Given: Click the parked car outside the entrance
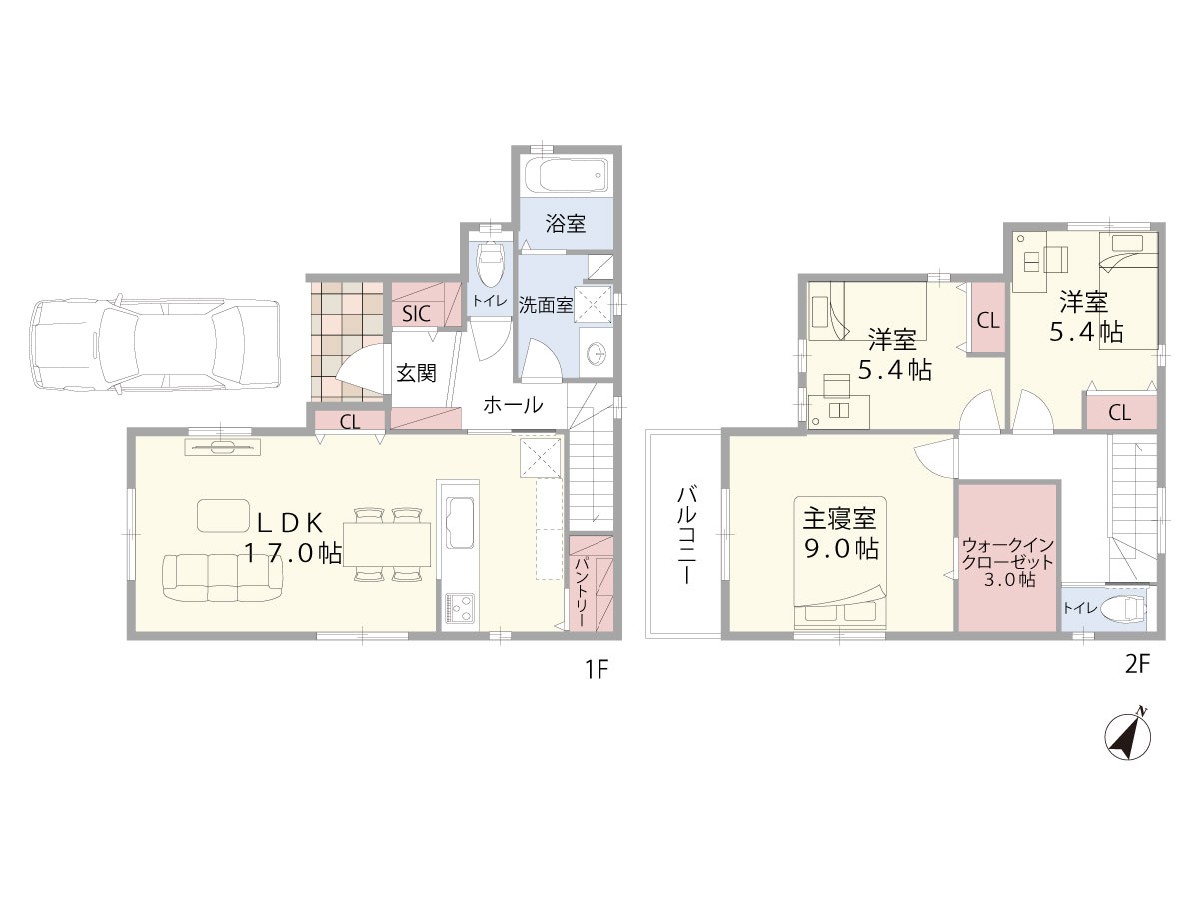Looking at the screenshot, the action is pos(154,345).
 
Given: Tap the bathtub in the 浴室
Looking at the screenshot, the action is pos(566,174).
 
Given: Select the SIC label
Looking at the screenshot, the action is pos(417,314).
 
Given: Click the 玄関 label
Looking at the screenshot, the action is pos(417,373).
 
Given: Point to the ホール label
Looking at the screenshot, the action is pos(513,405).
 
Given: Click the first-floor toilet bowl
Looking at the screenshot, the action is pos(490,263).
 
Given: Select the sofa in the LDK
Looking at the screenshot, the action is pos(223,578).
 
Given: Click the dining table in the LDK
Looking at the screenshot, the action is pos(387,544).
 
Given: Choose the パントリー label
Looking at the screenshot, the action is pos(582,591).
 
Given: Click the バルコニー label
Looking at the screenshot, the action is pos(685,536).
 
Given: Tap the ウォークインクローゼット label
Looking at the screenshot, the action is pos(1007,562).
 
